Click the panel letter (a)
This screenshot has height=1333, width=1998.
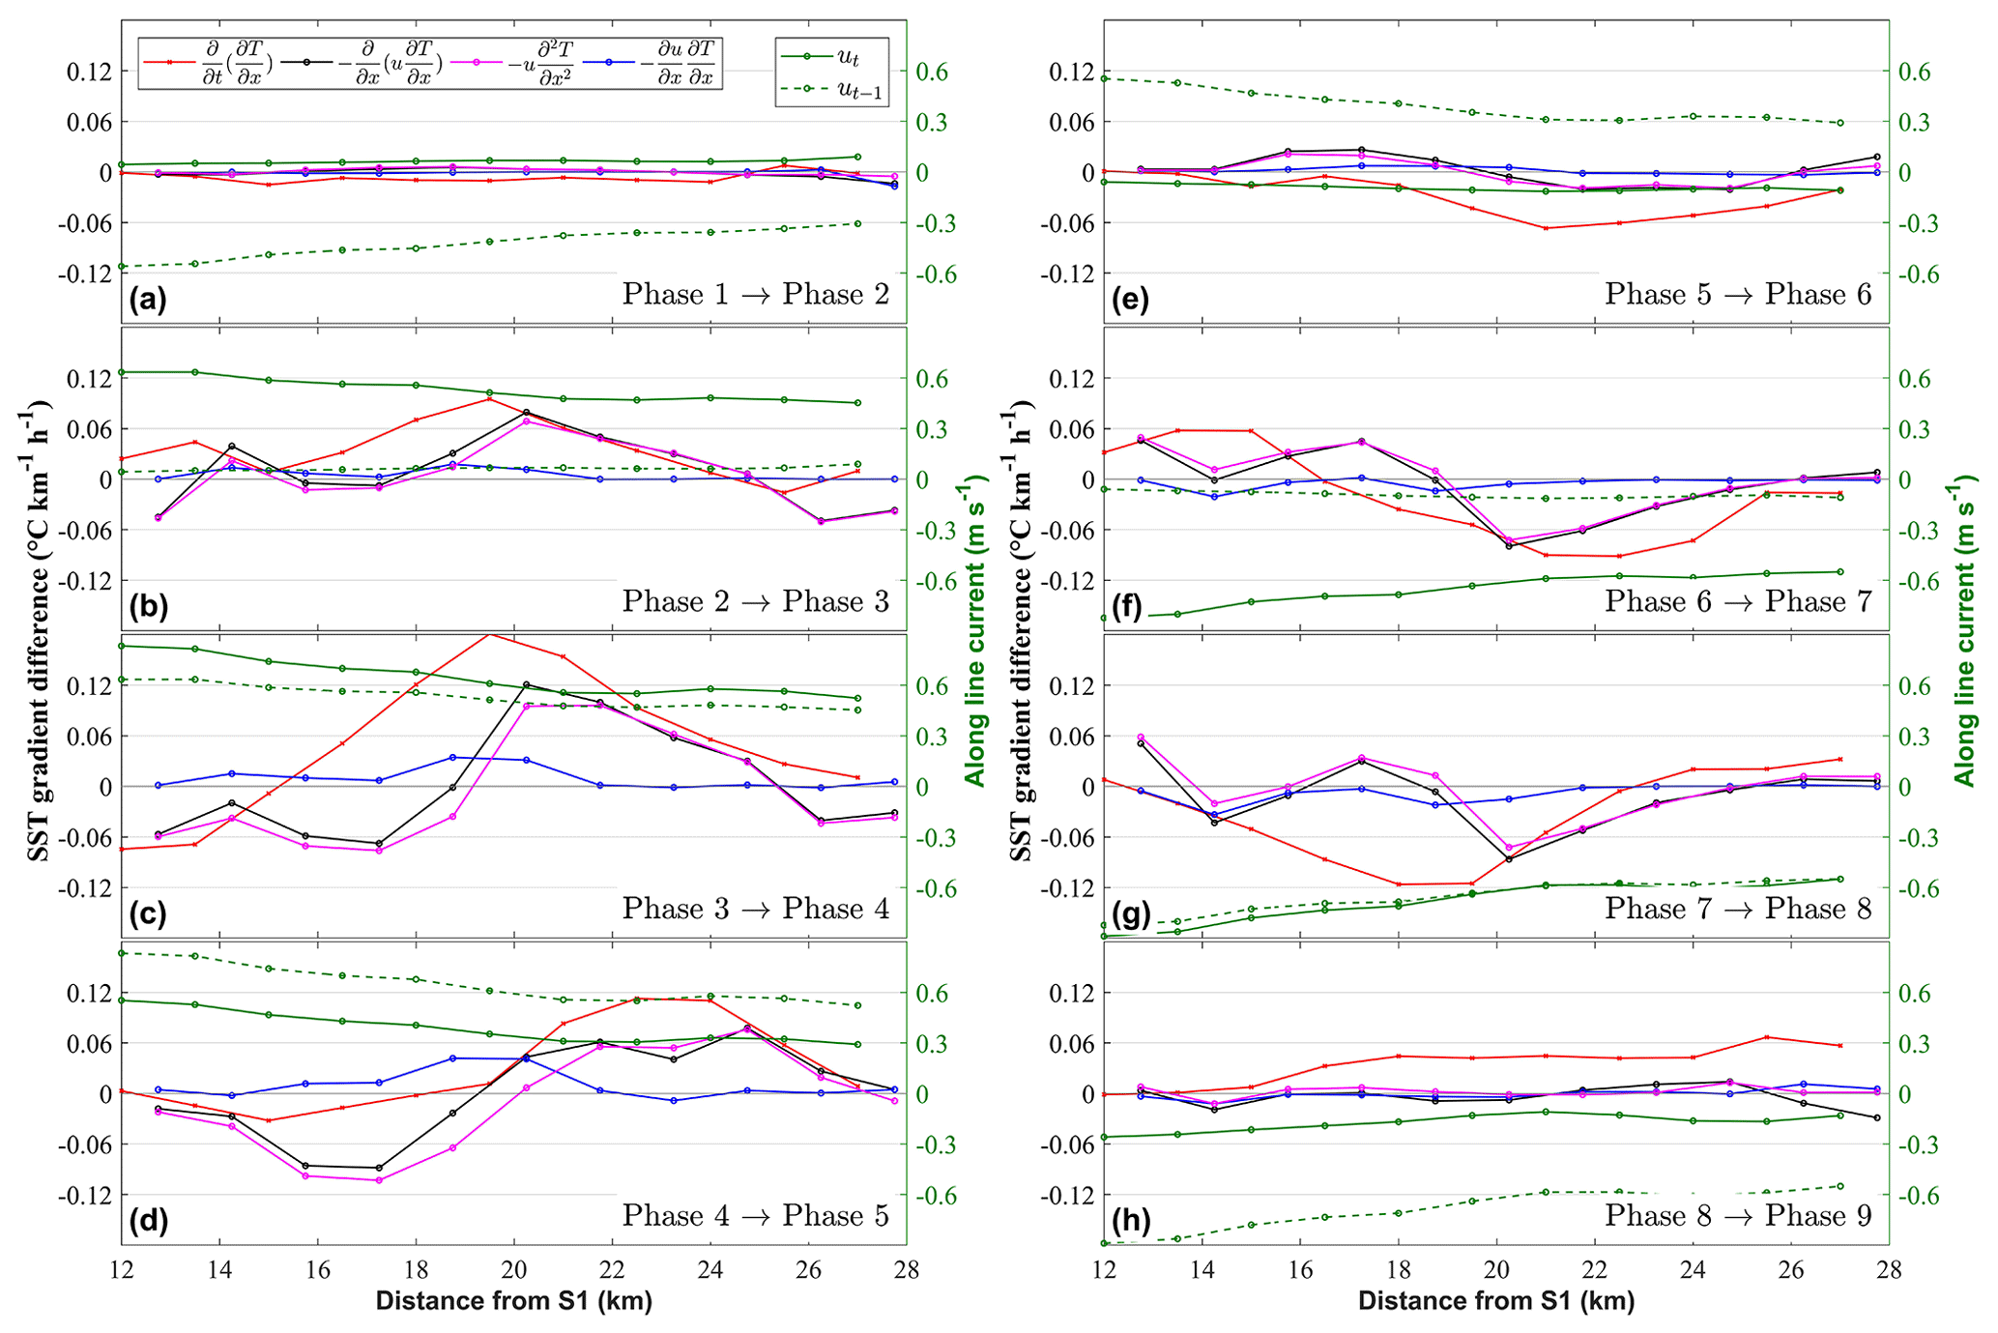pyautogui.click(x=148, y=299)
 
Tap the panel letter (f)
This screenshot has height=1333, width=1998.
pyautogui.click(x=1130, y=606)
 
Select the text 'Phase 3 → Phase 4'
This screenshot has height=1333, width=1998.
pyautogui.click(x=755, y=909)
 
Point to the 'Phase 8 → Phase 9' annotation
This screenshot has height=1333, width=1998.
pyautogui.click(x=1738, y=1215)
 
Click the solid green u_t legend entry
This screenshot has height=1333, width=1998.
pyautogui.click(x=831, y=57)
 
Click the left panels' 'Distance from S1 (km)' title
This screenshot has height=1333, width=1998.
pyautogui.click(x=513, y=1301)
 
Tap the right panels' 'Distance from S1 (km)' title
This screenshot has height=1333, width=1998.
pyautogui.click(x=1495, y=1301)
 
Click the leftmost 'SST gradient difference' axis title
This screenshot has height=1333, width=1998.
pyautogui.click(x=38, y=633)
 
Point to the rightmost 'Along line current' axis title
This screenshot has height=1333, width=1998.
pyautogui.click(x=1965, y=633)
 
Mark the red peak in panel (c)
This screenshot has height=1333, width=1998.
pyautogui.click(x=489, y=634)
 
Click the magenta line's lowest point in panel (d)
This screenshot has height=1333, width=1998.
pyautogui.click(x=379, y=1180)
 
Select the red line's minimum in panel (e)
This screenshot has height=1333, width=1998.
pyautogui.click(x=1546, y=228)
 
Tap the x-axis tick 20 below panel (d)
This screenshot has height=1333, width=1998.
pyautogui.click(x=513, y=1269)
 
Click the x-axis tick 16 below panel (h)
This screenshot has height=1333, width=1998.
pyautogui.click(x=1300, y=1269)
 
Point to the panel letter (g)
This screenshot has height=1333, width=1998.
pyautogui.click(x=1130, y=913)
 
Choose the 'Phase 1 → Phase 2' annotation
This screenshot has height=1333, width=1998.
pyautogui.click(x=755, y=294)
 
